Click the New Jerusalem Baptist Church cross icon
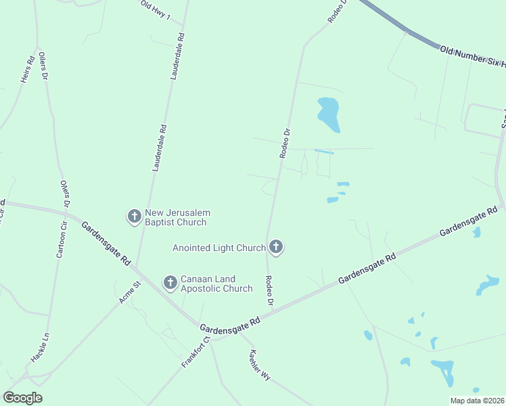pos(134,217)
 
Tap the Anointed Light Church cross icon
pos(275,247)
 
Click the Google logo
pos(23,398)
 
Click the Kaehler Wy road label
pos(260,365)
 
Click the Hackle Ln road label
pos(40,347)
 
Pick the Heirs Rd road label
pos(28,70)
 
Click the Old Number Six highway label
pos(472,57)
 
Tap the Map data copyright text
pos(477,400)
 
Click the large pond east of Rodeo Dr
pos(328,114)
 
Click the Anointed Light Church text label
pos(219,248)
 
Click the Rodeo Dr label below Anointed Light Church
pos(269,290)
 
